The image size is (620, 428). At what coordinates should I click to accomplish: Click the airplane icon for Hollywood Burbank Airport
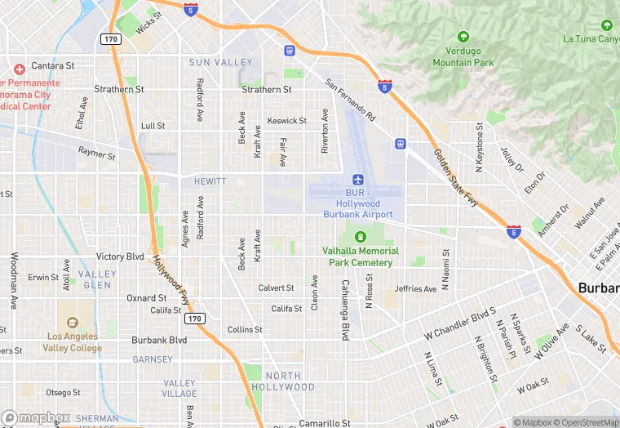(x=357, y=180)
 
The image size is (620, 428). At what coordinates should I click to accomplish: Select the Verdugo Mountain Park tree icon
(x=463, y=37)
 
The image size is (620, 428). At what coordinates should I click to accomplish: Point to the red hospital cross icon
(x=20, y=68)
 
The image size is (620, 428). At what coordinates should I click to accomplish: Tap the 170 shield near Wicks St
(x=111, y=38)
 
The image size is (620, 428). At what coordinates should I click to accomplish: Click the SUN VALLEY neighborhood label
(x=220, y=62)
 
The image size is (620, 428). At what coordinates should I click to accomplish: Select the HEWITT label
(x=210, y=181)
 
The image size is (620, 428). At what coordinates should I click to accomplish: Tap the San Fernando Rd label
(x=349, y=100)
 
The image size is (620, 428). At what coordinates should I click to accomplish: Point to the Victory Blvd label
(x=120, y=256)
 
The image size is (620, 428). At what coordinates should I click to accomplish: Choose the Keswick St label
(x=287, y=121)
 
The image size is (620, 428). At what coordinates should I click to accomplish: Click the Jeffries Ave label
(x=416, y=288)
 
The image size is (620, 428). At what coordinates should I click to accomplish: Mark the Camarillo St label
(x=325, y=423)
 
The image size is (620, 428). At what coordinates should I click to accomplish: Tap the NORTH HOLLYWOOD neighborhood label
(x=282, y=381)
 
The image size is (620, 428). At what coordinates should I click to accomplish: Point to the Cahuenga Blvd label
(x=344, y=308)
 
